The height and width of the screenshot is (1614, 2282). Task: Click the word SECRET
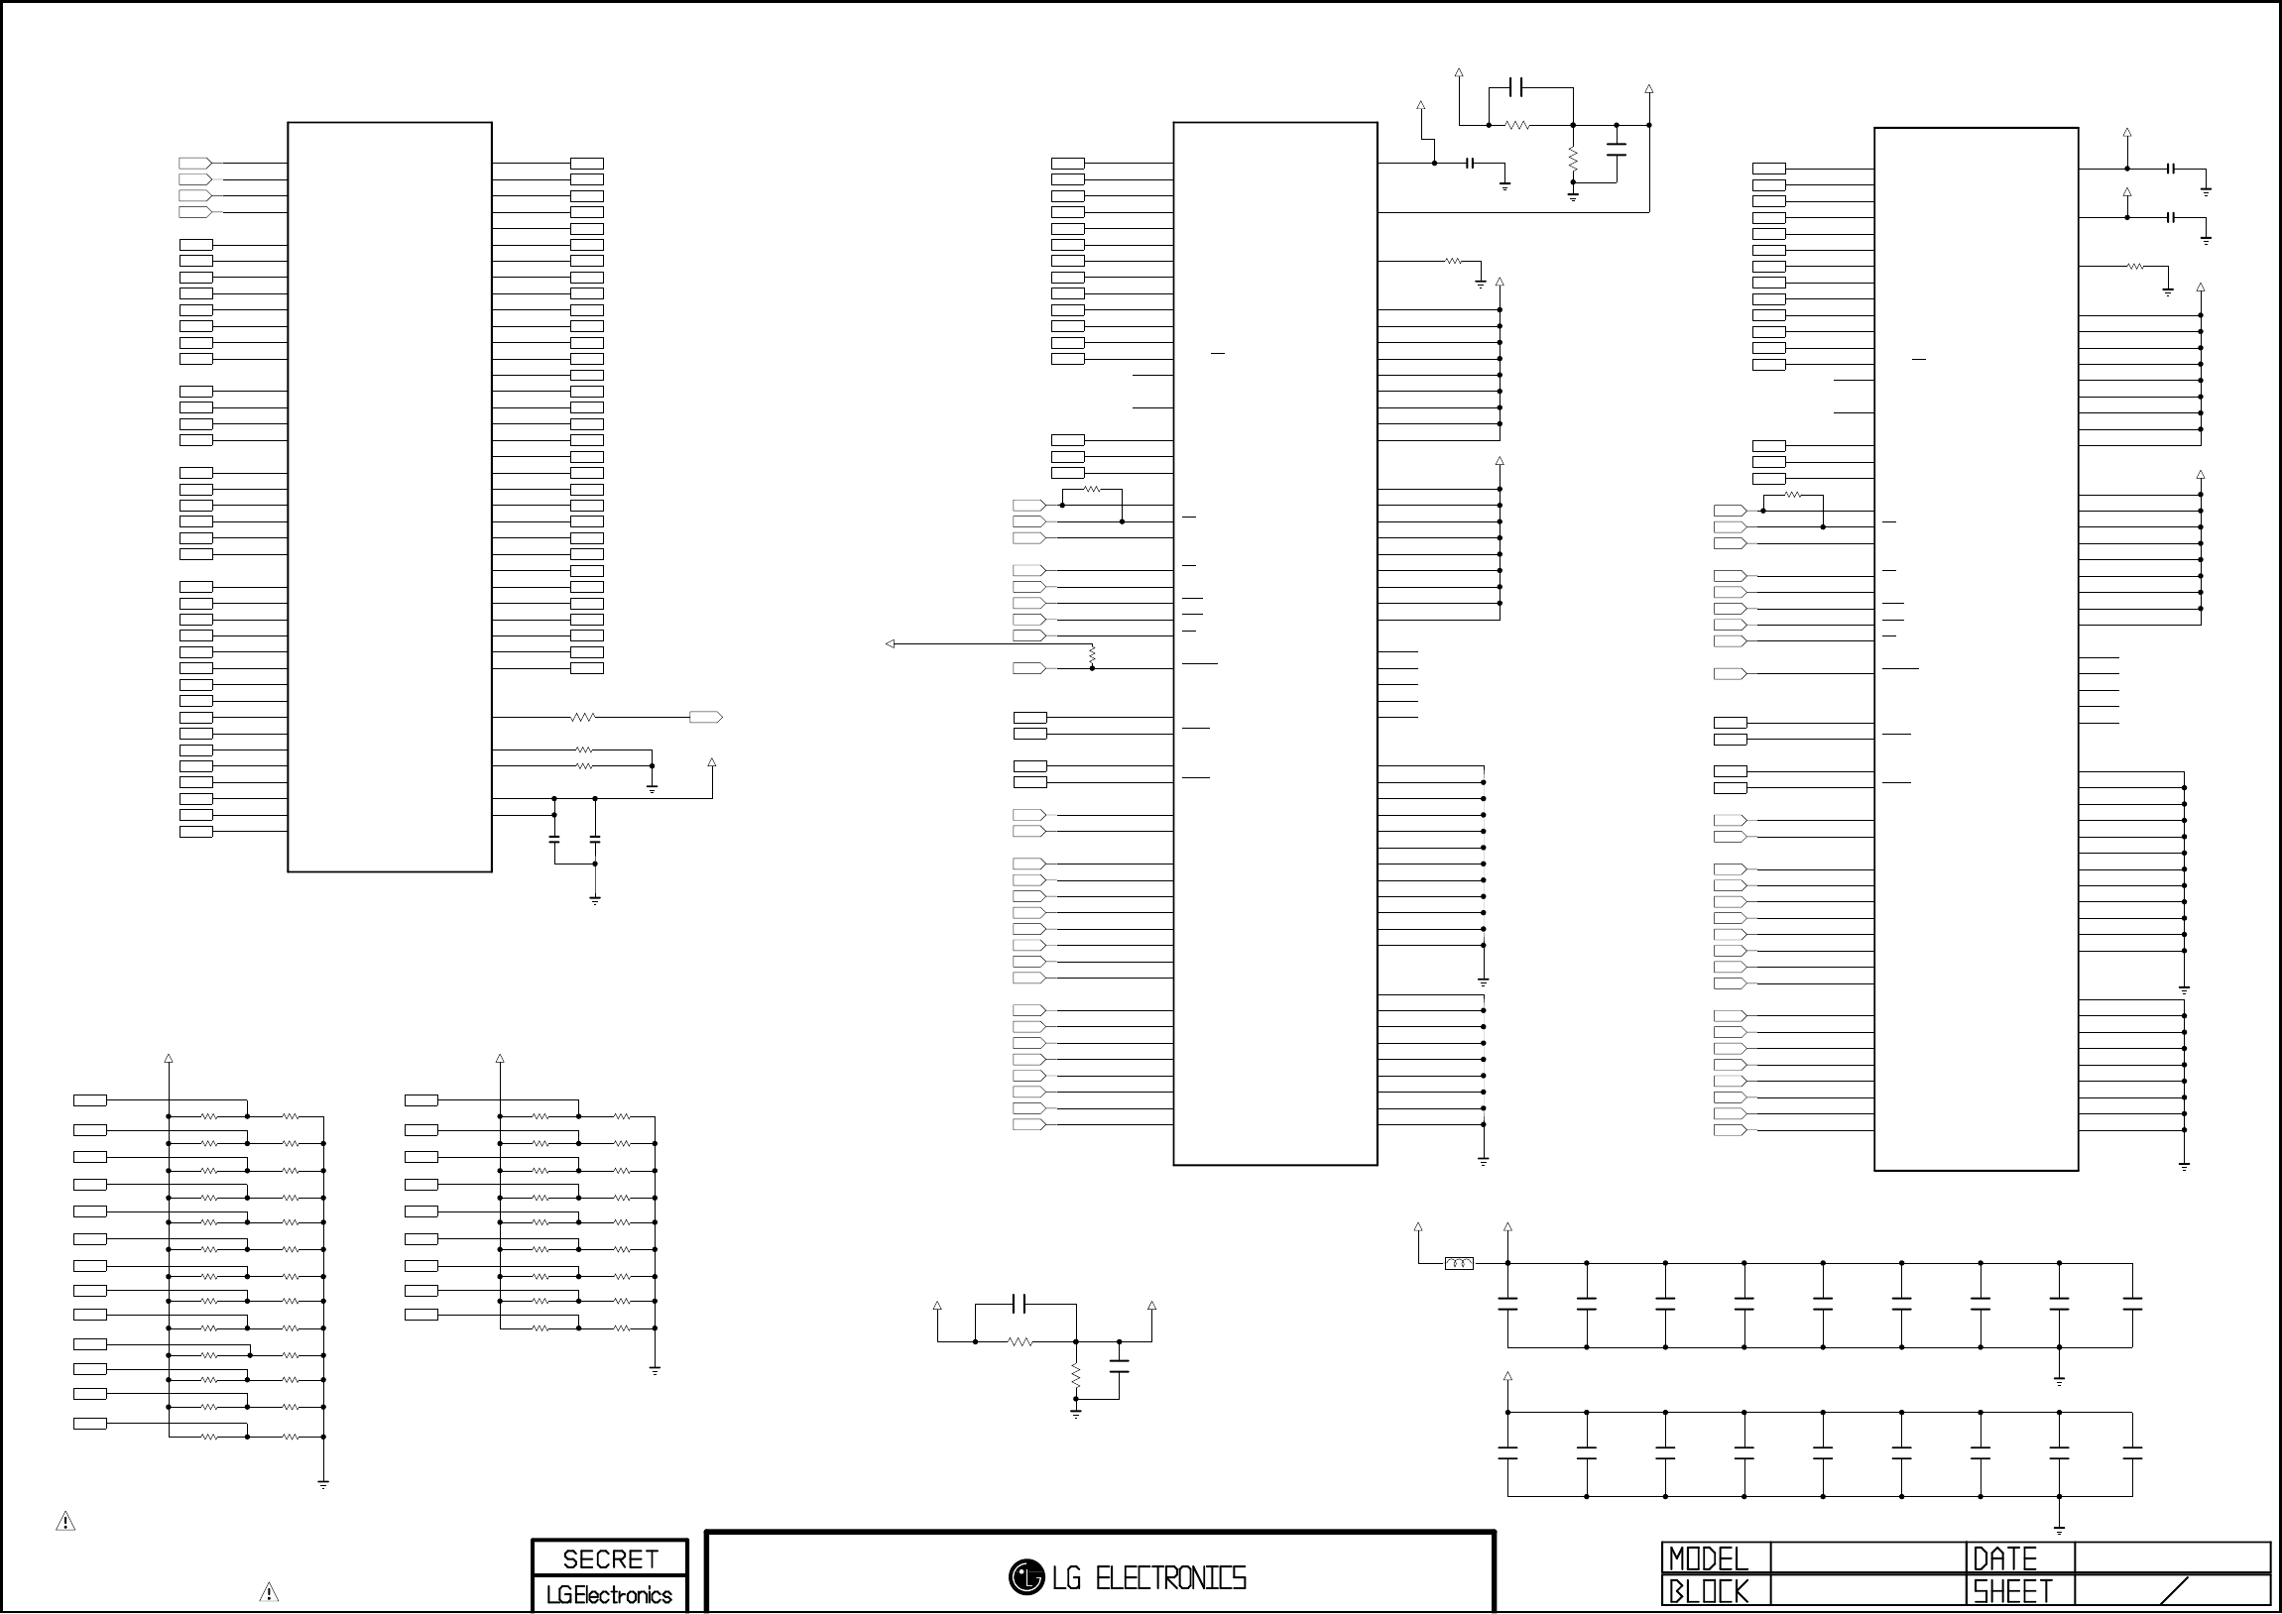point(609,1559)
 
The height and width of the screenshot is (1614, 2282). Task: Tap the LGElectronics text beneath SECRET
point(609,1595)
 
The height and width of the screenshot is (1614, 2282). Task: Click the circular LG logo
point(1025,1577)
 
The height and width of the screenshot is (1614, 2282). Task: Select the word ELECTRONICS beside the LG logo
point(1170,1578)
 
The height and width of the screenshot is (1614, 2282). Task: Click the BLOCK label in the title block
point(1708,1592)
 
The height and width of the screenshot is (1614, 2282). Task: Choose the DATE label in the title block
point(2003,1558)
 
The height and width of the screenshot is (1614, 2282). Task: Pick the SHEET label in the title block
point(2011,1592)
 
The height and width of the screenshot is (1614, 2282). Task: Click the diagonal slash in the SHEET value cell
point(2174,1591)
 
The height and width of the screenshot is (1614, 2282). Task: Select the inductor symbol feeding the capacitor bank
point(1459,1263)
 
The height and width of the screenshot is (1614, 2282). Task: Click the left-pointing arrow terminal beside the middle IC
point(891,644)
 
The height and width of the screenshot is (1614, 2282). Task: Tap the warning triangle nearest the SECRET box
point(269,1592)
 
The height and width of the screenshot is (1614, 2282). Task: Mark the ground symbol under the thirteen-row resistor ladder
point(323,1485)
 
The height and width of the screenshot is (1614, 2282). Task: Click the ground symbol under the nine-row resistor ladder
point(655,1371)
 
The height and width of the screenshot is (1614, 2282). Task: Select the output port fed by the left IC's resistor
point(706,717)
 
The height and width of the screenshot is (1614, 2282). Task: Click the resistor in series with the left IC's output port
point(583,717)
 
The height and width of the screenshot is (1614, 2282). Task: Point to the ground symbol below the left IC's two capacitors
point(594,900)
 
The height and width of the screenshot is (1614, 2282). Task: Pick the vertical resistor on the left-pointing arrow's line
point(1092,656)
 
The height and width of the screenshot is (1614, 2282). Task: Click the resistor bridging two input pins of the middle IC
point(1091,489)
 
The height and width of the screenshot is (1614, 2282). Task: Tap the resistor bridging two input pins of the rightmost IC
point(1792,495)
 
